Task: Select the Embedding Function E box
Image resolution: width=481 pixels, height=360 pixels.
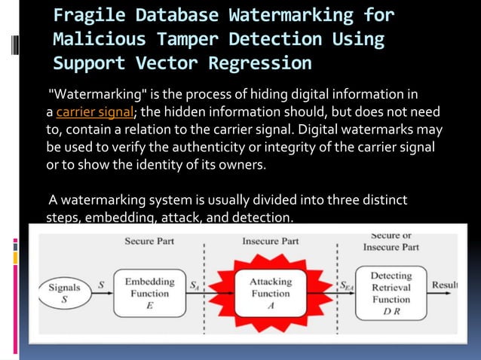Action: pyautogui.click(x=150, y=292)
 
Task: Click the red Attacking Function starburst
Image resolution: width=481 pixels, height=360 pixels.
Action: pyautogui.click(x=271, y=293)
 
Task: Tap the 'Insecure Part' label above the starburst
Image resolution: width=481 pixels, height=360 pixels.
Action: pyautogui.click(x=271, y=241)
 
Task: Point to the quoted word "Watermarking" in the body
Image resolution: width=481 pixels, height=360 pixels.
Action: pyautogui.click(x=92, y=96)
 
